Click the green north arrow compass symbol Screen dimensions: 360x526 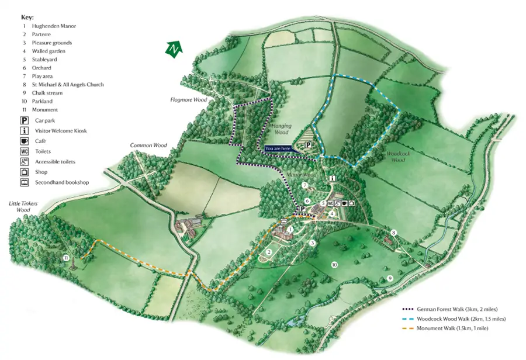[x=172, y=50]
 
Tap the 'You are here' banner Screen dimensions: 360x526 [x=278, y=148]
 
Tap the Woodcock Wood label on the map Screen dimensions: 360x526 [x=396, y=157]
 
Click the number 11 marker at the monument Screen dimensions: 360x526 [x=66, y=257]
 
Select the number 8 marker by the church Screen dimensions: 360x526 [x=393, y=233]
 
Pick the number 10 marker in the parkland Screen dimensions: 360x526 [x=335, y=265]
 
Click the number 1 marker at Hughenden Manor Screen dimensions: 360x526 [x=290, y=230]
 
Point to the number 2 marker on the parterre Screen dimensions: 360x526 [x=268, y=252]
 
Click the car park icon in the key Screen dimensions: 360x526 [x=25, y=120]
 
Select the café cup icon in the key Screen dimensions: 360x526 [x=25, y=141]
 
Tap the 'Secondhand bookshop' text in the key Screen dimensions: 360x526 [x=61, y=183]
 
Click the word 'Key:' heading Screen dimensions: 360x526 [x=27, y=18]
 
